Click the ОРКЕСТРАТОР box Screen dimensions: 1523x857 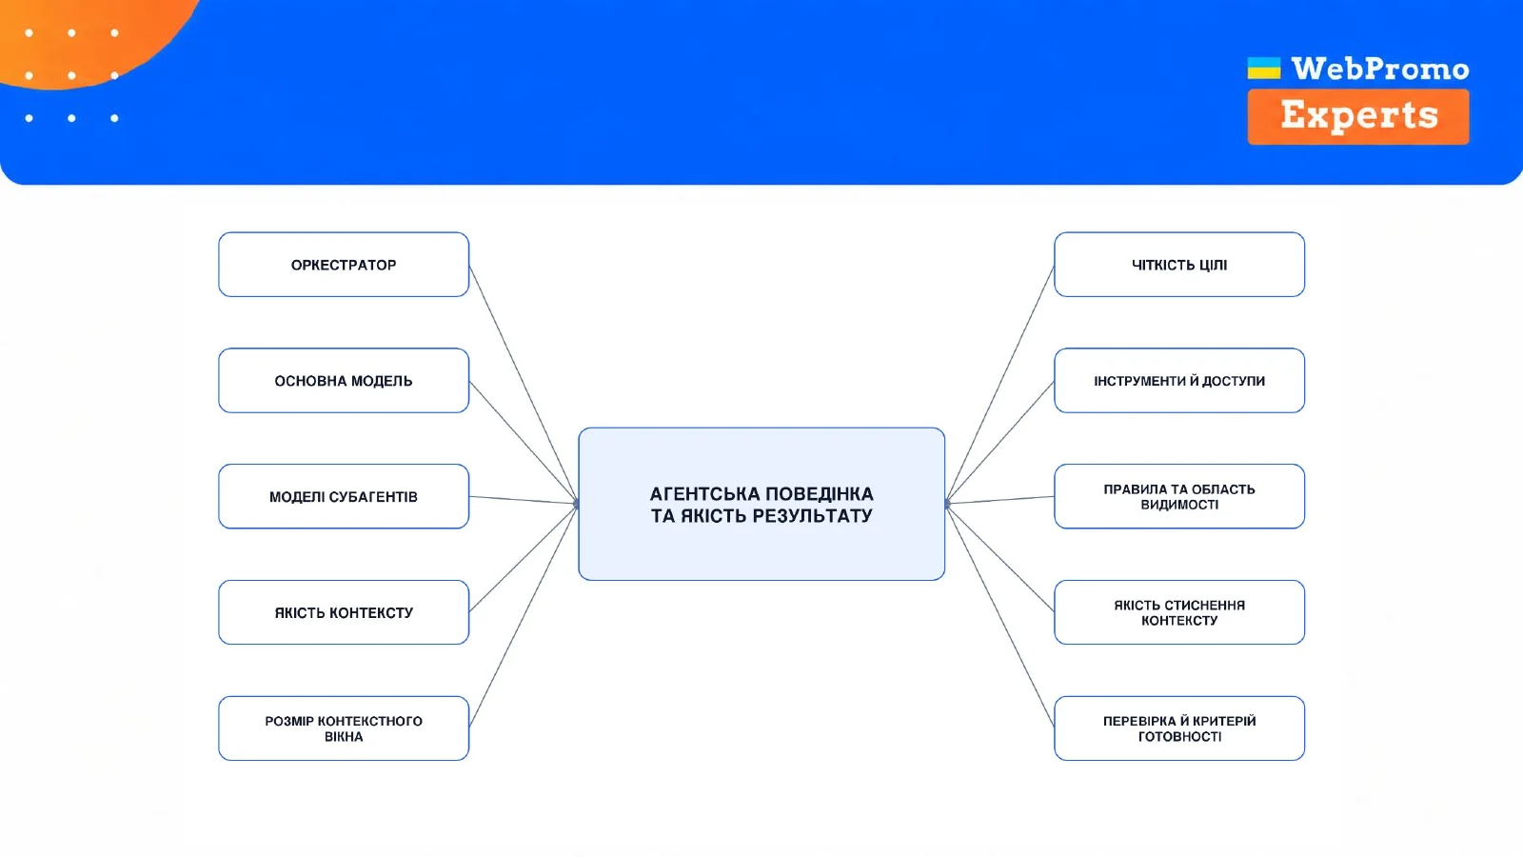344,265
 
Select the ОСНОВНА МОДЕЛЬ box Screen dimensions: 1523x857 344,381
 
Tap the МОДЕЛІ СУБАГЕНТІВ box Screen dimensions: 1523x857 344,496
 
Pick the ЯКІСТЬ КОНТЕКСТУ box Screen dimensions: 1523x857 344,612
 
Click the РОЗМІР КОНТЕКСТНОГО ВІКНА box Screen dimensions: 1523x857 344,728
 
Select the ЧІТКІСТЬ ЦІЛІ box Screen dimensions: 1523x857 1179,265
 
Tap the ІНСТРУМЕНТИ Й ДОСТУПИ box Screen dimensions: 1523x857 1179,381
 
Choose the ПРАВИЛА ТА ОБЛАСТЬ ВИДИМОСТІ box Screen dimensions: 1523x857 1179,496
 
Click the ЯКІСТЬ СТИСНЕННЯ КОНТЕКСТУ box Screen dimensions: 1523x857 1179,612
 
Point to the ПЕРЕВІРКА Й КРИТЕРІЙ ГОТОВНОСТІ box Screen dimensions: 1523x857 1179,728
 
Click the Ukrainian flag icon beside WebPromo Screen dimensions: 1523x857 1264,68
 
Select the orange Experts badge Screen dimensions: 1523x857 1358,116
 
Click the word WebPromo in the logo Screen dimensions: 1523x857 1380,69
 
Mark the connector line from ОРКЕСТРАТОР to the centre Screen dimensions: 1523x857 524,385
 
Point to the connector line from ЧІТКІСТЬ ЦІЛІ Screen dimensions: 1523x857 999,385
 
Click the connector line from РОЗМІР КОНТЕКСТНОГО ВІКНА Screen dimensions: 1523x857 524,615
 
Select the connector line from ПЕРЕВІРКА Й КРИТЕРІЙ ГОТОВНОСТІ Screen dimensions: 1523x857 999,615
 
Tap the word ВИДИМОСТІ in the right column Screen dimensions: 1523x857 1179,505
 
